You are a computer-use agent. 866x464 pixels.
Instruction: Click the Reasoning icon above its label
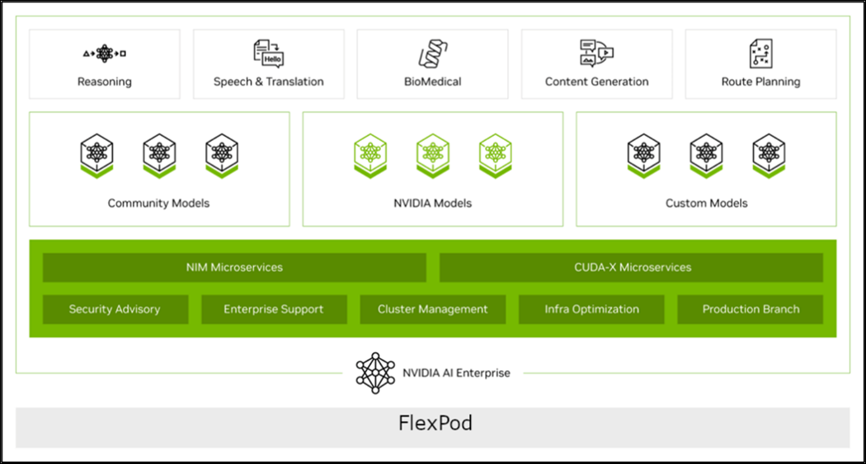click(x=104, y=54)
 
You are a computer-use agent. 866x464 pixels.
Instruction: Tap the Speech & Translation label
click(x=268, y=82)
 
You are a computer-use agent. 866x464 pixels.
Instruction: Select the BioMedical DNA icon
click(x=433, y=54)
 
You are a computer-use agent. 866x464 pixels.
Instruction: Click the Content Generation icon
click(x=596, y=54)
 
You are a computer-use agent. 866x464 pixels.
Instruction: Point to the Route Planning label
click(x=760, y=82)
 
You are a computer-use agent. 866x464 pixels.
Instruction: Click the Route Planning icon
click(x=760, y=54)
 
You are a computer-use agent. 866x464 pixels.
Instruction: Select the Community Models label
click(x=158, y=203)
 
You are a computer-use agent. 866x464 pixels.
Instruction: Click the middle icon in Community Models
click(x=159, y=155)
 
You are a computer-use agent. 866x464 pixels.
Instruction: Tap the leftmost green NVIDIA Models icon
click(x=370, y=155)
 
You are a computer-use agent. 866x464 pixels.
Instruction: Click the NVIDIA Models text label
click(x=433, y=203)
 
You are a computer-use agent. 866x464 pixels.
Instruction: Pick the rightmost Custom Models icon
click(x=769, y=155)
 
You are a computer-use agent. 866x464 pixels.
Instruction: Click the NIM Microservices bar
click(x=234, y=267)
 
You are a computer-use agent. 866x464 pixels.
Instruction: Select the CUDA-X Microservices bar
click(x=631, y=267)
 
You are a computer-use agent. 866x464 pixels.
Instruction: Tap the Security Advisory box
click(x=115, y=309)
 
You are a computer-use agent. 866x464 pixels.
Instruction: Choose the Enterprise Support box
click(x=274, y=309)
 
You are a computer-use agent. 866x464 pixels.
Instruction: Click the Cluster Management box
click(x=432, y=309)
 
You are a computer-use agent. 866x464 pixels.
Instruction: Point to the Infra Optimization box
click(x=591, y=309)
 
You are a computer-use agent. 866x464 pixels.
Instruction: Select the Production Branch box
click(x=751, y=309)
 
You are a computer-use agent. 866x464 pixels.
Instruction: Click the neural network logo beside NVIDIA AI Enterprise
click(x=375, y=373)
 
